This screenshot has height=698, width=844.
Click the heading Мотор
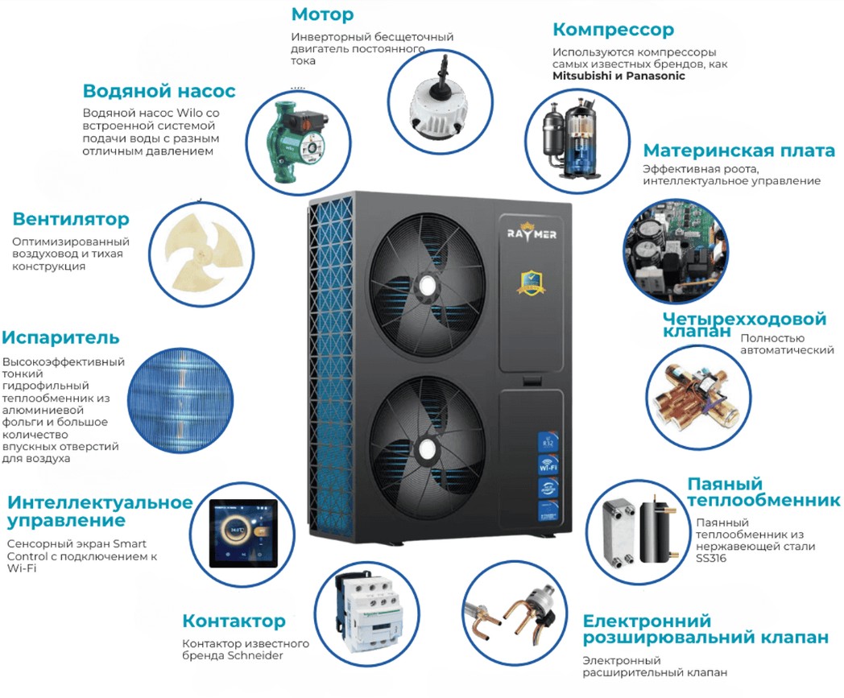[x=322, y=14]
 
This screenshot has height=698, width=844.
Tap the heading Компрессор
[x=613, y=30]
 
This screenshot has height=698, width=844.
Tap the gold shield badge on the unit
[x=532, y=283]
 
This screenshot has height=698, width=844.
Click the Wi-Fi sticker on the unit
[x=548, y=465]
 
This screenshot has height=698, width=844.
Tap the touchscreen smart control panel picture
[x=243, y=533]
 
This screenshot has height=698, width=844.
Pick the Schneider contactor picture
[x=369, y=611]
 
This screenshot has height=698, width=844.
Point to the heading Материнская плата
[x=739, y=151]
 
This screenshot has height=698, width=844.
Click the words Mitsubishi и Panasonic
[x=619, y=76]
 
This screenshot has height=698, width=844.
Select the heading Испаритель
[x=60, y=337]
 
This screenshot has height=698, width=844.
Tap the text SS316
[x=711, y=559]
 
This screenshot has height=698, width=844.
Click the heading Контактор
[x=234, y=621]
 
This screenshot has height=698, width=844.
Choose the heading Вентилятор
[x=71, y=219]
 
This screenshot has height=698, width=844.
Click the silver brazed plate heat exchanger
[x=619, y=531]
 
